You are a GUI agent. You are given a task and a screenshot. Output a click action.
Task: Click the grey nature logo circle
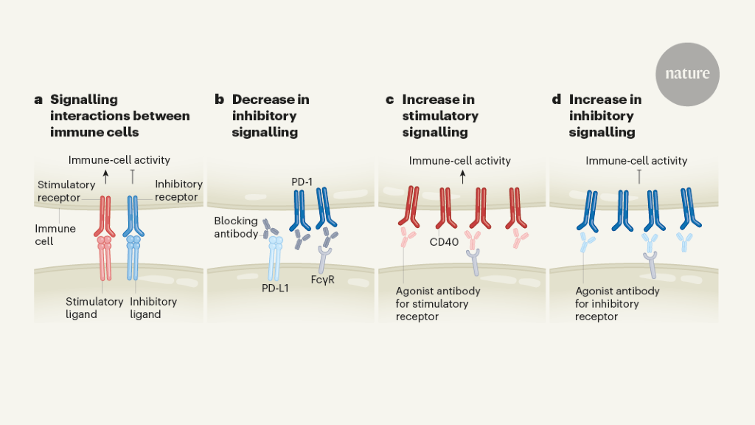687,74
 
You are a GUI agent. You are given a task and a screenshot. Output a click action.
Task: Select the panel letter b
219,100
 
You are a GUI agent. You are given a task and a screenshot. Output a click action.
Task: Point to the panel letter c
389,100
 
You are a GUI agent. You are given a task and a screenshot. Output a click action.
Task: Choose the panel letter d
557,100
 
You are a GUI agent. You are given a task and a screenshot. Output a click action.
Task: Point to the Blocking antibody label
236,227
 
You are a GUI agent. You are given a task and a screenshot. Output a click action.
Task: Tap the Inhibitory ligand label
153,308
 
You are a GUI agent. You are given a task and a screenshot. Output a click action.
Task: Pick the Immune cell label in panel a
55,235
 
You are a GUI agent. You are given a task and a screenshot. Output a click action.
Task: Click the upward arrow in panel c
463,176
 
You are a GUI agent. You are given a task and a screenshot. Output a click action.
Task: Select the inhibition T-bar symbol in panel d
639,176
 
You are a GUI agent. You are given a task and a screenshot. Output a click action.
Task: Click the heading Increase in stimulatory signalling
440,116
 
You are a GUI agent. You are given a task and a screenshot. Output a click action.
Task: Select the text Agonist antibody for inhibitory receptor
607,303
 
